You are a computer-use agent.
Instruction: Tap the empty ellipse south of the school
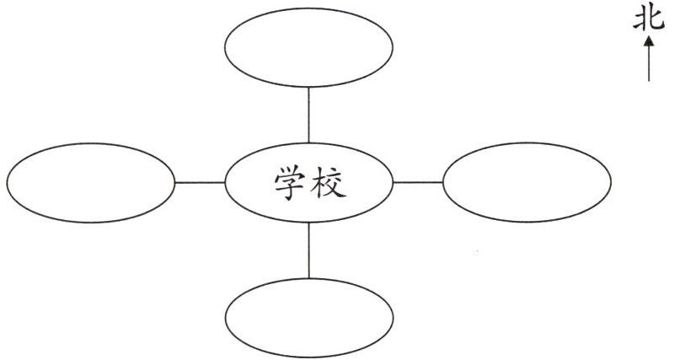[x=309, y=313]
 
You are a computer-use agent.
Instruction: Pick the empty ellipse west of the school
[x=90, y=182]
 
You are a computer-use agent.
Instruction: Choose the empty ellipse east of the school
[x=527, y=182]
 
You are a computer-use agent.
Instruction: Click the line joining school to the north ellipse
[x=309, y=114]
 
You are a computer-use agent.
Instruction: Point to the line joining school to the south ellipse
[x=309, y=250]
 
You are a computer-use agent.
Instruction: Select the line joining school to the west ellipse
[x=201, y=182]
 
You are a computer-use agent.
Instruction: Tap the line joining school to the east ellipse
[x=418, y=182]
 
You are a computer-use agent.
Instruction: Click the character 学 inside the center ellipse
[x=289, y=183]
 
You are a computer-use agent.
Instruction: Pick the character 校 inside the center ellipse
[x=329, y=183]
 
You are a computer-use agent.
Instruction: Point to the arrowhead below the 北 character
[x=650, y=40]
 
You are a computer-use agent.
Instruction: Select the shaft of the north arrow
[x=650, y=63]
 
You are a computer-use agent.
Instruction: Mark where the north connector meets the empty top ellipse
[x=309, y=86]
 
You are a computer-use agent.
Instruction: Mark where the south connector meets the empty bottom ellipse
[x=309, y=278]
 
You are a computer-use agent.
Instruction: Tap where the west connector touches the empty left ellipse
[x=175, y=182]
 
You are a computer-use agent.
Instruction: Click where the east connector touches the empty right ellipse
[x=443, y=182]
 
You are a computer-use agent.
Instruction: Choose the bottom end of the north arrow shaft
[x=650, y=81]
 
